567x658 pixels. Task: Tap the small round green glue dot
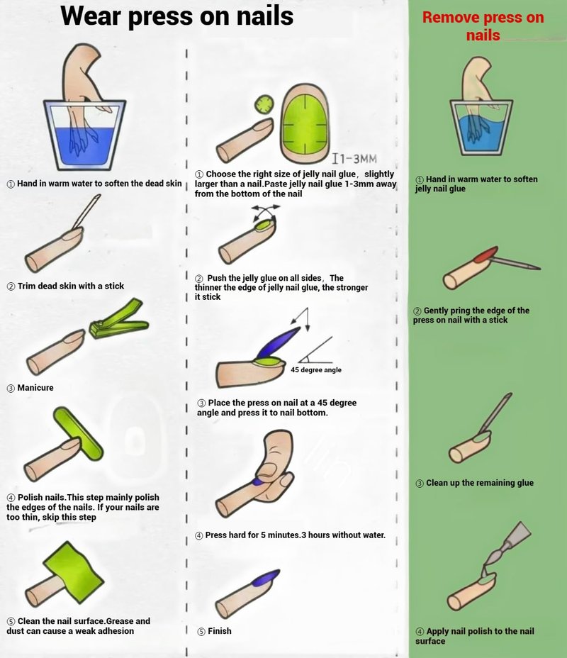(x=264, y=104)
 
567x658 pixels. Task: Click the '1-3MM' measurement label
(x=354, y=159)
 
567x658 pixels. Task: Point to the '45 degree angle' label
(x=316, y=369)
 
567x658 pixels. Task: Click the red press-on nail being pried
(x=486, y=255)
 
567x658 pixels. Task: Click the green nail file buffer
(x=79, y=433)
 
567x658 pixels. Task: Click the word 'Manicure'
(x=35, y=388)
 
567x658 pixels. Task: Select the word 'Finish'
(x=219, y=631)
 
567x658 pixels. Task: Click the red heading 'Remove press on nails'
(x=483, y=26)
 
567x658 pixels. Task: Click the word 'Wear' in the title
(x=91, y=16)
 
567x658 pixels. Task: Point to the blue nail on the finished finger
(x=266, y=578)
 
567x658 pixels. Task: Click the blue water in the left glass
(x=85, y=147)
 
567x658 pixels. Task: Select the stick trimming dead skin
(x=86, y=211)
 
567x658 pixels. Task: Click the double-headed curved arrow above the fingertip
(x=266, y=211)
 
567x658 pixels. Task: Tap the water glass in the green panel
(x=481, y=127)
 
